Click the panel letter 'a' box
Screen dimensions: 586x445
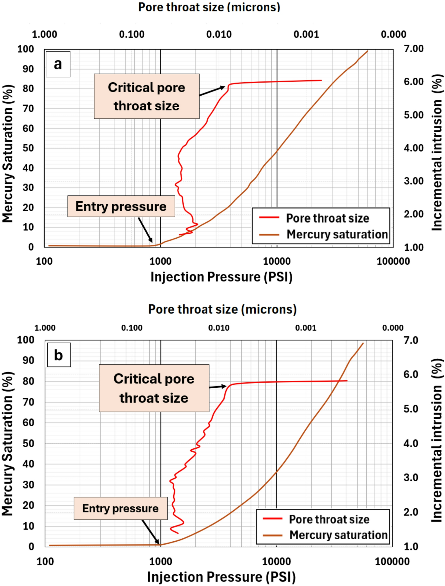coord(58,64)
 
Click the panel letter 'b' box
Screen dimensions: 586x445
coord(59,355)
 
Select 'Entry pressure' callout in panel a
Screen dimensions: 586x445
coord(121,206)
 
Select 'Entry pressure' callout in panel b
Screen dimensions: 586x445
coord(120,508)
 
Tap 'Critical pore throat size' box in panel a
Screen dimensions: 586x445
coord(146,96)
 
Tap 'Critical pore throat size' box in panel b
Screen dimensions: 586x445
coord(154,388)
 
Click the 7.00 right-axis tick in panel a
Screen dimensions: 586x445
coord(413,49)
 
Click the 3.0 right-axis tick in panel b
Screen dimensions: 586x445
coord(411,477)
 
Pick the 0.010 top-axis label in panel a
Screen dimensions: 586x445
coord(219,34)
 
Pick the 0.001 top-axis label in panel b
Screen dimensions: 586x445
coord(306,328)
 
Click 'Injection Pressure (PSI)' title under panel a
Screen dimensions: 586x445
coord(221,277)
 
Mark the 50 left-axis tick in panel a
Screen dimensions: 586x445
coord(28,148)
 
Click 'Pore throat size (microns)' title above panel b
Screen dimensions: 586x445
coord(222,309)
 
